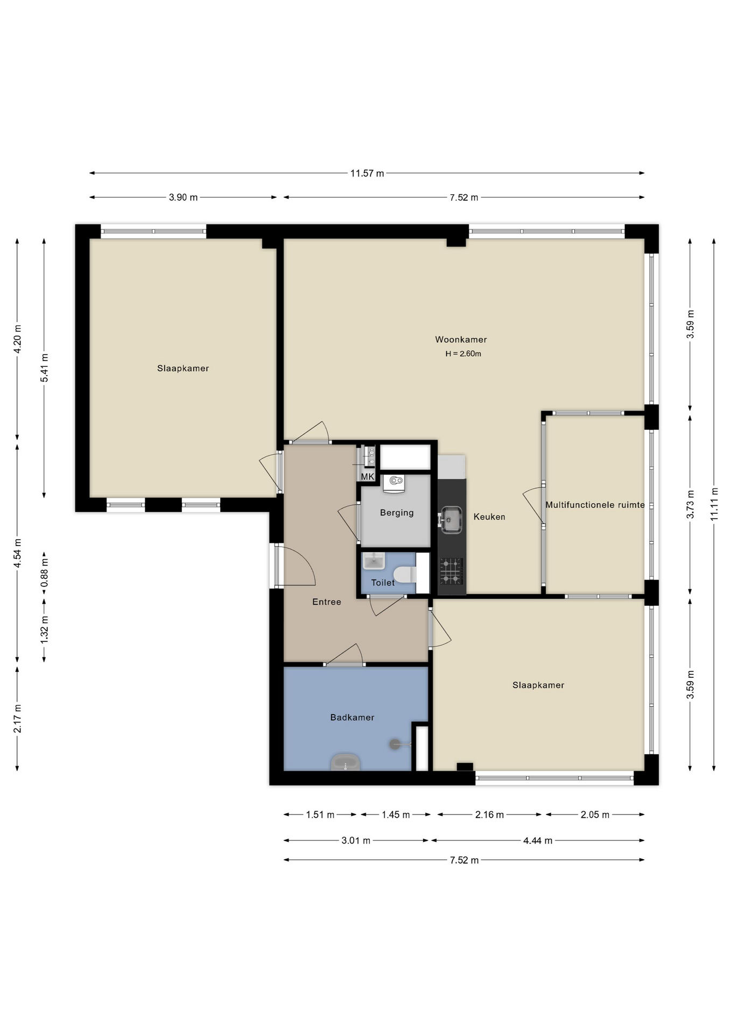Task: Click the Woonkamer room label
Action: click(461, 339)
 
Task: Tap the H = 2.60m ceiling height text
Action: click(463, 354)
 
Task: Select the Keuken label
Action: click(489, 516)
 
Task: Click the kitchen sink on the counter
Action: click(451, 520)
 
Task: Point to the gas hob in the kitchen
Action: click(451, 571)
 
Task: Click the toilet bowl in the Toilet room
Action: click(405, 574)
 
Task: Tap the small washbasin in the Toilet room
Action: click(373, 561)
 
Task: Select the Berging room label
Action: click(397, 513)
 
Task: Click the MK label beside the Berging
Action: click(367, 477)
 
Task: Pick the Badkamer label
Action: click(352, 717)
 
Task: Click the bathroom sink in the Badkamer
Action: click(346, 762)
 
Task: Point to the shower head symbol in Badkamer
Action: click(395, 744)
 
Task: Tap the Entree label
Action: click(327, 602)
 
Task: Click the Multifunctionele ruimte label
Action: click(595, 505)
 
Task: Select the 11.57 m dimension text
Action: click(367, 173)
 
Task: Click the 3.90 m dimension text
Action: click(183, 197)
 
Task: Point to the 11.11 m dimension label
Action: click(714, 504)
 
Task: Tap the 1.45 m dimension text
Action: click(396, 815)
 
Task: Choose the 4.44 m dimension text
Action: click(538, 840)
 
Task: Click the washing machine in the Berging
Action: click(394, 483)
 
